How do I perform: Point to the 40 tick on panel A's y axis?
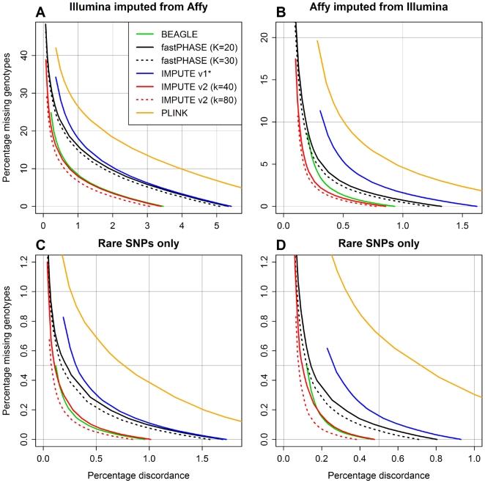point(27,54)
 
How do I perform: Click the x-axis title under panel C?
point(137,475)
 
